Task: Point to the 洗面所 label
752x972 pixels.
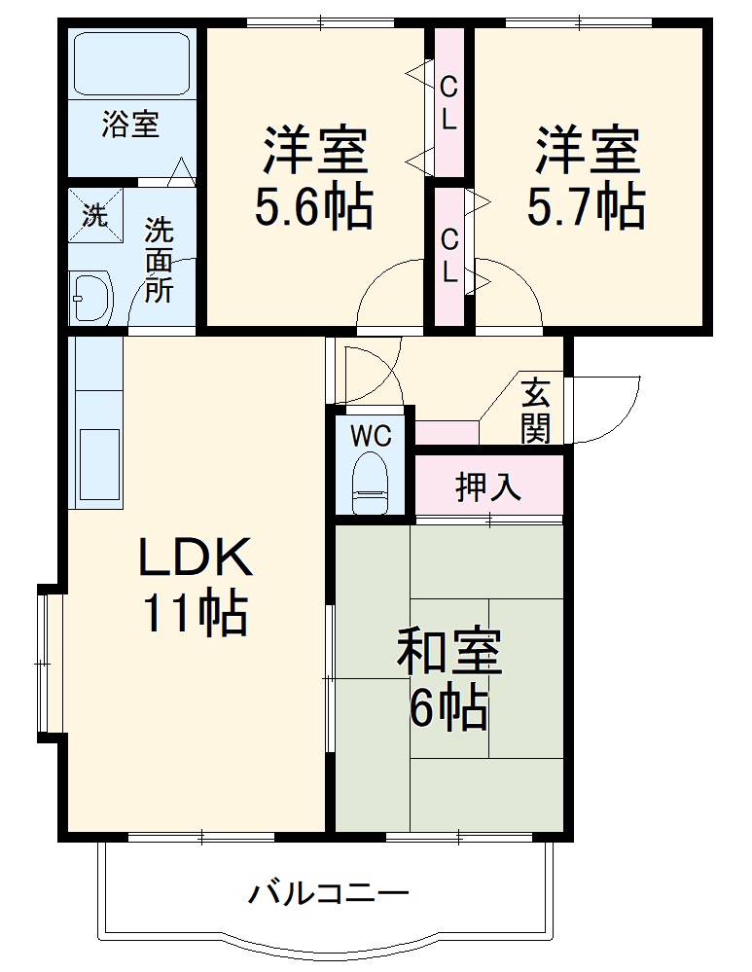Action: [x=160, y=261]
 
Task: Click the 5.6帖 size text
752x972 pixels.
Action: [x=313, y=207]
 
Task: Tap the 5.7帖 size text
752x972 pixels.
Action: [x=586, y=207]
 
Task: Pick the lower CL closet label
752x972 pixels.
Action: [x=448, y=256]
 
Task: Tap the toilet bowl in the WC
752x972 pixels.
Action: [x=371, y=484]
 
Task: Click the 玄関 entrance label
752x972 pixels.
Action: [x=534, y=410]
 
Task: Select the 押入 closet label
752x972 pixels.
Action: [x=489, y=486]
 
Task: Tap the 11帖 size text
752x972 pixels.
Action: [x=196, y=613]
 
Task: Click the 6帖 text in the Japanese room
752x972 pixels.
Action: [x=448, y=708]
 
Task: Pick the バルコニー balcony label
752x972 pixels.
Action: [x=327, y=892]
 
